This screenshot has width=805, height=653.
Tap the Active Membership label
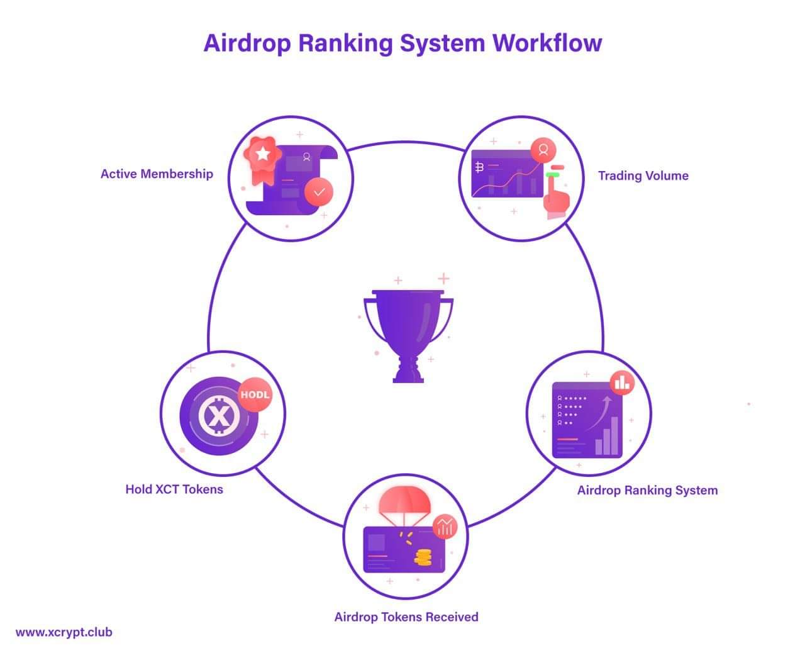point(157,174)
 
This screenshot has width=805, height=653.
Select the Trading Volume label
point(643,176)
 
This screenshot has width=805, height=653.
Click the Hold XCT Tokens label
point(174,489)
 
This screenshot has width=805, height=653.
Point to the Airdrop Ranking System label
point(647,491)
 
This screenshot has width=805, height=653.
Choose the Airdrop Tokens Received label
point(406,617)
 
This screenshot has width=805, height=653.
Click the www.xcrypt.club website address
point(64,632)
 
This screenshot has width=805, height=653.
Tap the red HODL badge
point(255,394)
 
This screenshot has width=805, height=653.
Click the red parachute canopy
point(404,501)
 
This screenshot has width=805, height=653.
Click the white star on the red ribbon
point(263,153)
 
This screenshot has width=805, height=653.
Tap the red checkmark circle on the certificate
point(319,192)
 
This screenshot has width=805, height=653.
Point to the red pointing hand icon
point(557,197)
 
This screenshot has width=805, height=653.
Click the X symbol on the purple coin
point(219,416)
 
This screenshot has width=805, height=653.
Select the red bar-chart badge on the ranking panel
point(622,383)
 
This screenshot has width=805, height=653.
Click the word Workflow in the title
point(547,43)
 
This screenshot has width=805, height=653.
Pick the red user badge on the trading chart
point(543,150)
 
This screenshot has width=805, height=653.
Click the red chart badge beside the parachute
point(445,527)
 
